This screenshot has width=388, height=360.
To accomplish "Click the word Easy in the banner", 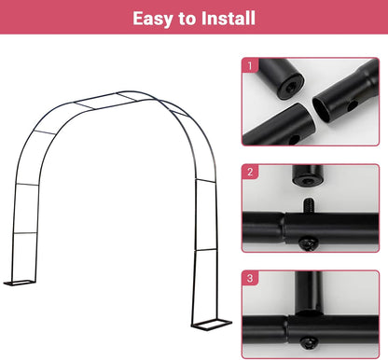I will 155,19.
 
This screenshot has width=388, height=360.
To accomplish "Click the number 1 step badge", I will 250,65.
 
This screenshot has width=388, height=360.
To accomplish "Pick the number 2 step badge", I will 250,173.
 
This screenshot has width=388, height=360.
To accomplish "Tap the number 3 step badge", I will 250,278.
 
